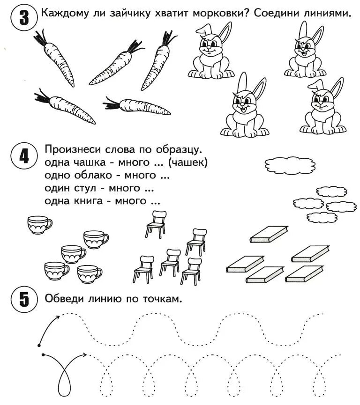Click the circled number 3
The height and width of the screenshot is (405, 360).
(x=22, y=18)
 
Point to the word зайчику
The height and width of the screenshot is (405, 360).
(x=129, y=13)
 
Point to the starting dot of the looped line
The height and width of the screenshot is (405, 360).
(x=43, y=354)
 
